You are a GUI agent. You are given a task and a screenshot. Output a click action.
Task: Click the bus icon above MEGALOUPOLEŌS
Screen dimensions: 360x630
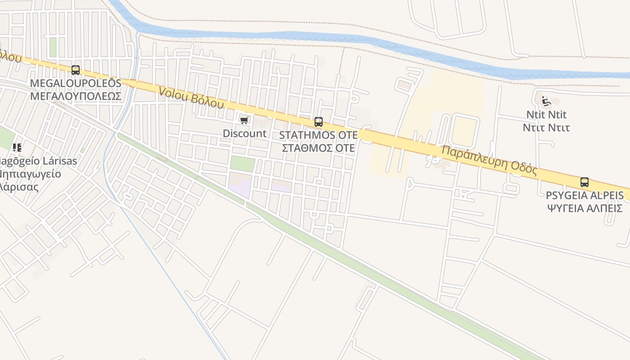click(76, 70)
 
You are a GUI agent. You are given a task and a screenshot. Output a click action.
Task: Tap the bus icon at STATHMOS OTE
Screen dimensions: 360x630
click(319, 121)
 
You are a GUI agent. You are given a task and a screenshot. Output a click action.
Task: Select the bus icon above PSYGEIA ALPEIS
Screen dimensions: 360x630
click(585, 182)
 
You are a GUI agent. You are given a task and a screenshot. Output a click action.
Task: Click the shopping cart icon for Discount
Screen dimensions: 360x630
click(244, 120)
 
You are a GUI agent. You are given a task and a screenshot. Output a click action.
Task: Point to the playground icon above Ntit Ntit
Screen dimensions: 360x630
click(546, 101)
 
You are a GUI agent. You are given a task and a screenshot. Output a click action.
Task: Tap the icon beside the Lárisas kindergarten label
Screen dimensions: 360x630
click(17, 148)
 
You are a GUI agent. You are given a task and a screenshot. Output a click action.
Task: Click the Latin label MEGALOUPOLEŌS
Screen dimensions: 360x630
click(76, 84)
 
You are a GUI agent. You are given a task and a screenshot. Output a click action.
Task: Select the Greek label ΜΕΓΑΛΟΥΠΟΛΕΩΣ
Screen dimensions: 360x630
click(76, 96)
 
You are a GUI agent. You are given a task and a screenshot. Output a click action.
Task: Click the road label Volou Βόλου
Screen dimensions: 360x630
click(191, 98)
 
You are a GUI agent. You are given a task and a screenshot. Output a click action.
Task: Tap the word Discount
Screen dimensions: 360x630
click(245, 134)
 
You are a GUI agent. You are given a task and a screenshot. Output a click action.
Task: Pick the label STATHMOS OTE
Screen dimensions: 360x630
click(319, 135)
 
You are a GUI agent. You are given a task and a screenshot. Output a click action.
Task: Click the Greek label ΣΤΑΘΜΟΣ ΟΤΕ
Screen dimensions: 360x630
click(319, 148)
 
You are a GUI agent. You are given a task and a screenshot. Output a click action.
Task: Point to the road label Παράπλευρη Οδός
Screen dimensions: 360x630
click(489, 160)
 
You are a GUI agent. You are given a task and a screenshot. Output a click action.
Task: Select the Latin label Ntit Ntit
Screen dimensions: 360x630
click(546, 115)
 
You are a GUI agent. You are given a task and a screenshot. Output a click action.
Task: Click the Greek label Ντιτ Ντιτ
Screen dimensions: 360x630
click(546, 128)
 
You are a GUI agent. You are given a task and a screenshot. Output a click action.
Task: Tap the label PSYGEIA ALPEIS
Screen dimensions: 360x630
click(585, 196)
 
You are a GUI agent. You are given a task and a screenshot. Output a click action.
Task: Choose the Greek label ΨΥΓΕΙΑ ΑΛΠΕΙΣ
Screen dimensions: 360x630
click(585, 208)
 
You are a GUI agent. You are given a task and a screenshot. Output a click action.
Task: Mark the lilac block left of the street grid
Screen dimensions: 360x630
click(240, 186)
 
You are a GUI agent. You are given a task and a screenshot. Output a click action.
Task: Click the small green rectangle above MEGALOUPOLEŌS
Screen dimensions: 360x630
click(53, 47)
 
